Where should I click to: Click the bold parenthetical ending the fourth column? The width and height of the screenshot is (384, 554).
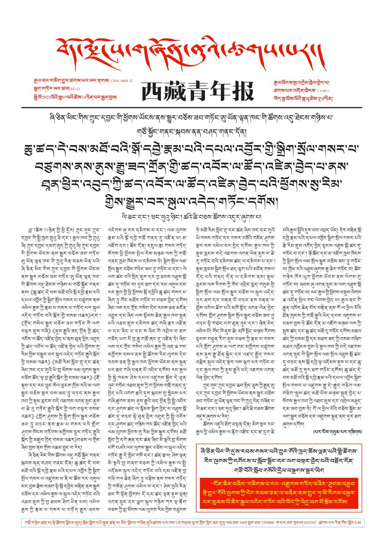tap(338, 431)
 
